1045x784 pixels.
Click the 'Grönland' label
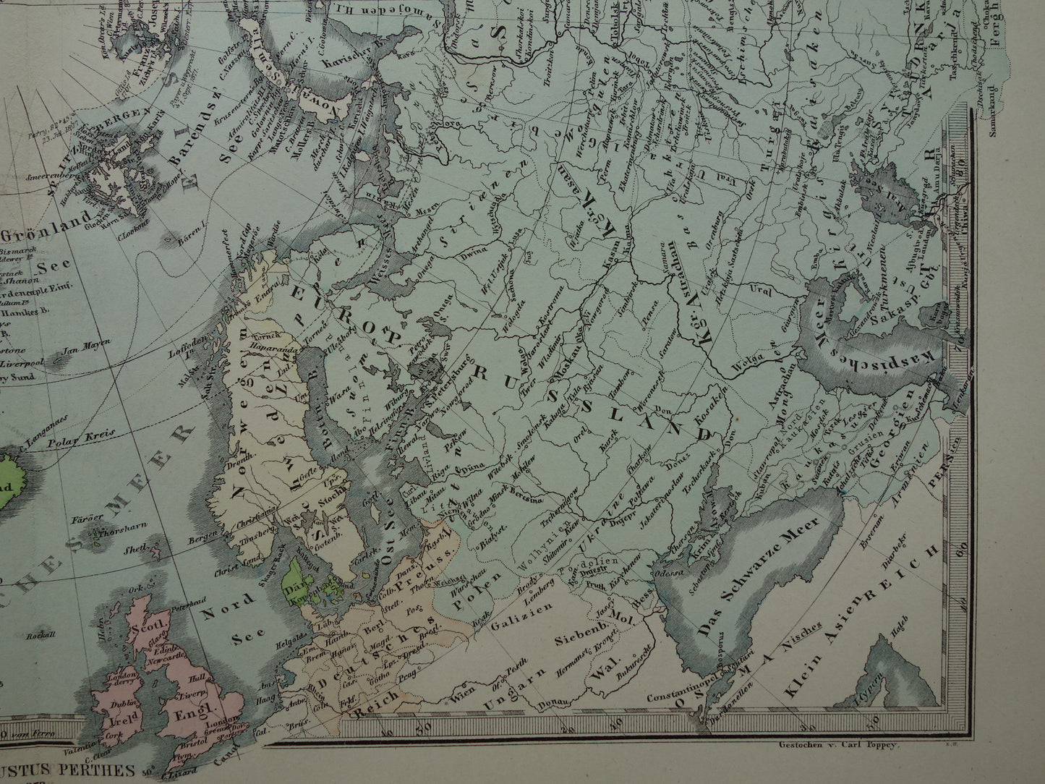point(48,234)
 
